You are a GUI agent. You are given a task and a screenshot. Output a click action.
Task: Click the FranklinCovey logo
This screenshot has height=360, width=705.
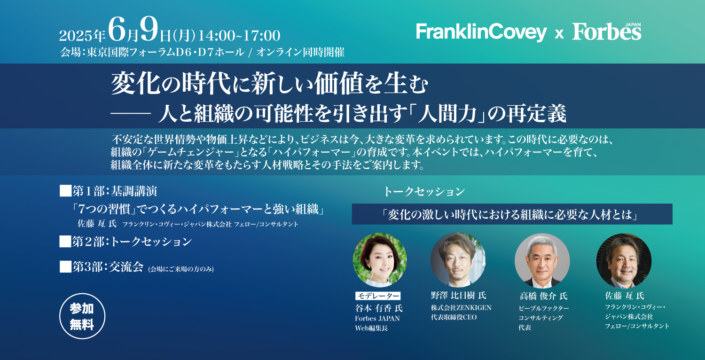(x=481, y=32)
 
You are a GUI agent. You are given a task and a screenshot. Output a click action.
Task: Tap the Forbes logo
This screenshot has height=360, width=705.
(x=607, y=31)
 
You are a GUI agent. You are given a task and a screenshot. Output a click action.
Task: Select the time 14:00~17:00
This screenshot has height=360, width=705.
(x=239, y=35)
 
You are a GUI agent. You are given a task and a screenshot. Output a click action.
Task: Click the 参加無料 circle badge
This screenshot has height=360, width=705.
(x=82, y=316)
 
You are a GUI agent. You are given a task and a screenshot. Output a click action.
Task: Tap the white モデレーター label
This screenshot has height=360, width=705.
(x=378, y=296)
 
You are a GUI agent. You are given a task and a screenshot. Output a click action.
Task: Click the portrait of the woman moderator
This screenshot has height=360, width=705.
(x=380, y=260)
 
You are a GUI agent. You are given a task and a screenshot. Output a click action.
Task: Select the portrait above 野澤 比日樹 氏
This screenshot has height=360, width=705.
(x=458, y=260)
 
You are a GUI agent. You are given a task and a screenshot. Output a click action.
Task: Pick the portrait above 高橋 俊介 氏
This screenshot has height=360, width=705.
(x=542, y=260)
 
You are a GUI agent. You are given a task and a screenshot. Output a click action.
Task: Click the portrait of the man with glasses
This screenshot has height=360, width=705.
(x=624, y=260)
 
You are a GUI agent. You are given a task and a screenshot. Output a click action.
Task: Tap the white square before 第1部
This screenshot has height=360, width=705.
(x=65, y=191)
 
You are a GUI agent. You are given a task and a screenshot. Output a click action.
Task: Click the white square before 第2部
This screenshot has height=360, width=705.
(x=65, y=242)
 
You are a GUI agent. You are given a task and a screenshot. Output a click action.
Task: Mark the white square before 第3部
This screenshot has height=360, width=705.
(x=65, y=266)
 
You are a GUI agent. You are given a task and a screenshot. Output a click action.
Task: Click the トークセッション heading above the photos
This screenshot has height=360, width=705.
(x=424, y=191)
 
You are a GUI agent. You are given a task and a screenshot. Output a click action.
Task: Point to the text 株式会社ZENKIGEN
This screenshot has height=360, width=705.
(x=461, y=307)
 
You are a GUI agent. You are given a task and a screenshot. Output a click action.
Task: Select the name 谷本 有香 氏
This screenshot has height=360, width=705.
(x=379, y=308)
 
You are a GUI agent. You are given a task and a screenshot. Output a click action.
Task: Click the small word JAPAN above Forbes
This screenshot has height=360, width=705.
(x=633, y=24)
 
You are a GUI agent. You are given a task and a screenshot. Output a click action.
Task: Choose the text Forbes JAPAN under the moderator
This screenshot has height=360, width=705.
(x=377, y=319)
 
